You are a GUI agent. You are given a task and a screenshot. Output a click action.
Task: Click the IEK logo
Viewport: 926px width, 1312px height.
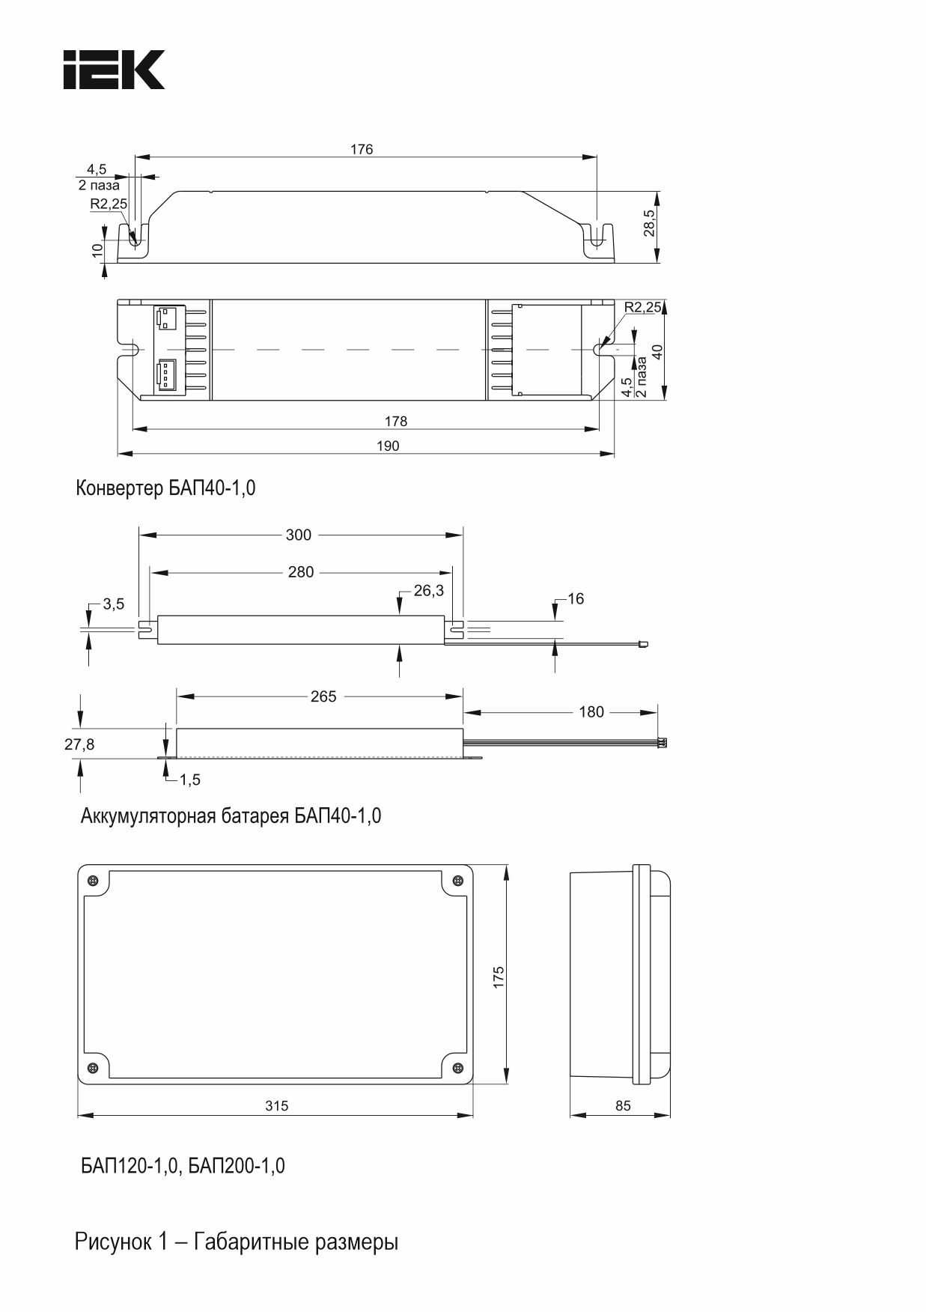[114, 70]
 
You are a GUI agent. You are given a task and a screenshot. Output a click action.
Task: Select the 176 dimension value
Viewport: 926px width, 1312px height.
[362, 149]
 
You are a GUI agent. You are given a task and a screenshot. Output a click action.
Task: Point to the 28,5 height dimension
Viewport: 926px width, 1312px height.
[649, 223]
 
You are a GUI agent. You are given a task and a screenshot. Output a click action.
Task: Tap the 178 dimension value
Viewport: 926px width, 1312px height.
[396, 421]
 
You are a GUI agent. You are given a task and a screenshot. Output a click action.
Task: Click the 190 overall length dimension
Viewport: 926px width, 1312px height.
[388, 446]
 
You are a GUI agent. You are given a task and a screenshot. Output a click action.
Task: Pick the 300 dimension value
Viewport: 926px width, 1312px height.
[299, 535]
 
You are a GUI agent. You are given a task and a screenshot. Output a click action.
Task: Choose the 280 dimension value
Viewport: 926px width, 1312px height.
[301, 572]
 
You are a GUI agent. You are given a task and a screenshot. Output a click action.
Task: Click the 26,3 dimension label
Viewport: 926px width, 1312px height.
[428, 591]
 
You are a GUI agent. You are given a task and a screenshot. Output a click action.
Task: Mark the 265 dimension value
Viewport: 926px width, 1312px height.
[323, 696]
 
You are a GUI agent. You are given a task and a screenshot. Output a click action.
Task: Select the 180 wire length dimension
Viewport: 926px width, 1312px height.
[591, 711]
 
